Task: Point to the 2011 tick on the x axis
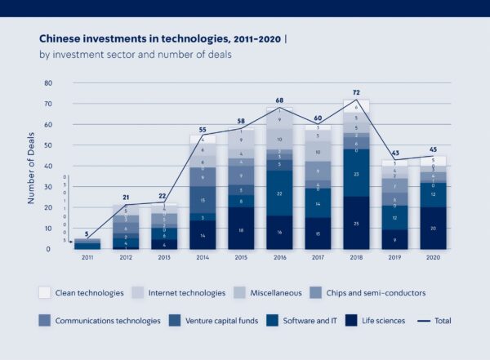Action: (87, 257)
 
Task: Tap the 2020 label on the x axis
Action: (432, 257)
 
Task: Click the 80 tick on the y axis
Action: (47, 83)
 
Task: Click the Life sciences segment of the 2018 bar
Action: (356, 223)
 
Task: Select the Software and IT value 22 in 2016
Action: (280, 193)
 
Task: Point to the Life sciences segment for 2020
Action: (432, 229)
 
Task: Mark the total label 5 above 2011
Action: (87, 233)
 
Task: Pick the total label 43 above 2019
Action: (394, 153)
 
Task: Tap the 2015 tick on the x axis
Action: (241, 257)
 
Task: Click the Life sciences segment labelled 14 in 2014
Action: (203, 234)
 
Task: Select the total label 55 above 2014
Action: (203, 129)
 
